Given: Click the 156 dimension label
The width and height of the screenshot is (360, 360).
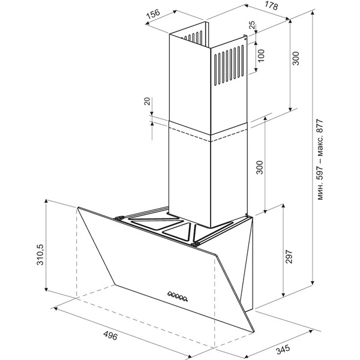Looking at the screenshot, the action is tap(153, 14).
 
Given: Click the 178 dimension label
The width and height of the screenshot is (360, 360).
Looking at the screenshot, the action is tap(272, 5).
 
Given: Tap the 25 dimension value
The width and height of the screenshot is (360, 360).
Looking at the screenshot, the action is tap(252, 25).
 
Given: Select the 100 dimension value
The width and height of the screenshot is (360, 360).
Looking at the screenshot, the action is tap(261, 56).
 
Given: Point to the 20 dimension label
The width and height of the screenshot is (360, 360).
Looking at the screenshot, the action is tap(147, 101).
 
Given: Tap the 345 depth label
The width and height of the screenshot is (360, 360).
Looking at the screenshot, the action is tap(283, 349).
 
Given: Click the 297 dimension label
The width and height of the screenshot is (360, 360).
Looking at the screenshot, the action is tap(289, 256).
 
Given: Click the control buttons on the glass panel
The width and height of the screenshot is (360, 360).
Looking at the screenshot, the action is tap(178, 296).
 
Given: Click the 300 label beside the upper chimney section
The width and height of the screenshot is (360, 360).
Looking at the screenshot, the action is tap(296, 58).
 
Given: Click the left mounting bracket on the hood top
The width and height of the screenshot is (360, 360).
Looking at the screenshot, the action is tap(119, 218).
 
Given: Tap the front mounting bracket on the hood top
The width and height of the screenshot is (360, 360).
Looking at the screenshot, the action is tap(194, 244).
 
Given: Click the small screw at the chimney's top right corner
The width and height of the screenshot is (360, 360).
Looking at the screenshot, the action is tap(245, 40).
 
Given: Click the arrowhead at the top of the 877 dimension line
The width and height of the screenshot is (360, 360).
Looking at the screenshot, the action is tap(313, 13).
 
